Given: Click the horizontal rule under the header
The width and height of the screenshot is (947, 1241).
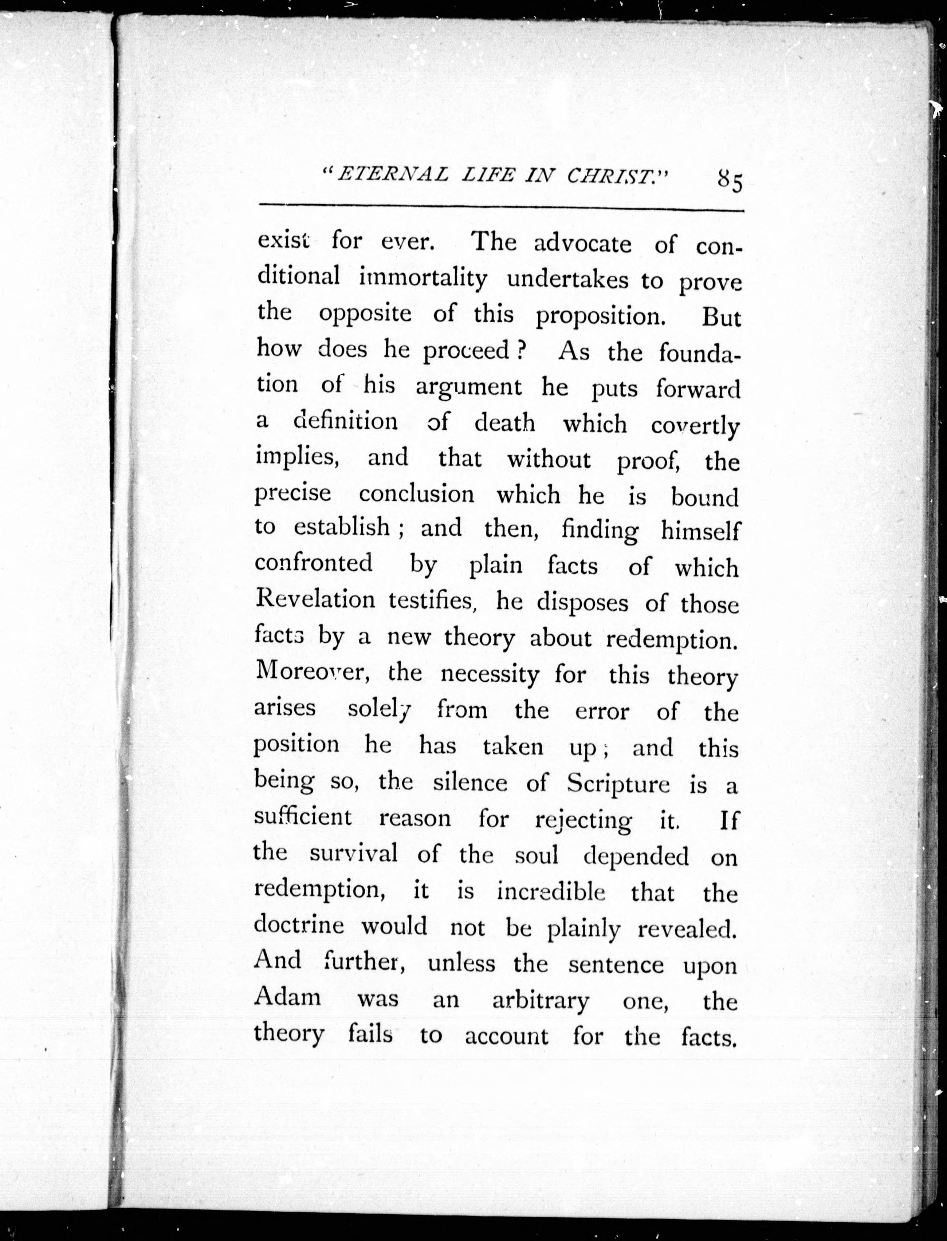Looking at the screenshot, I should tap(501, 209).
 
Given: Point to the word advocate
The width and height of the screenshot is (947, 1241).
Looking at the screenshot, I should tap(582, 244).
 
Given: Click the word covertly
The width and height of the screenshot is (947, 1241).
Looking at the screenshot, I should tap(695, 426).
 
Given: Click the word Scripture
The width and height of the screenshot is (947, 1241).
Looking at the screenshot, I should tap(618, 783).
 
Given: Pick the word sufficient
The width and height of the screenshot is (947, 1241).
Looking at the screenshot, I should tap(303, 817).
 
